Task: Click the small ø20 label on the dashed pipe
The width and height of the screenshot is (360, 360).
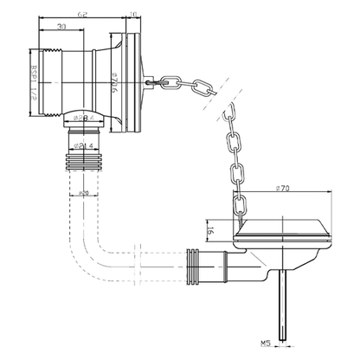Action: (x=81, y=193)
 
